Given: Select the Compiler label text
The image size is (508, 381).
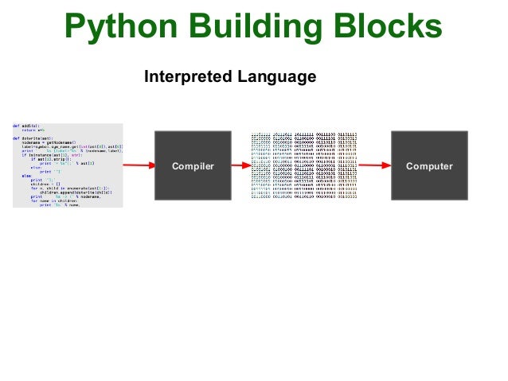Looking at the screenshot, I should (x=193, y=166).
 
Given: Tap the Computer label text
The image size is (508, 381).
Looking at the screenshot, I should (x=429, y=166).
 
